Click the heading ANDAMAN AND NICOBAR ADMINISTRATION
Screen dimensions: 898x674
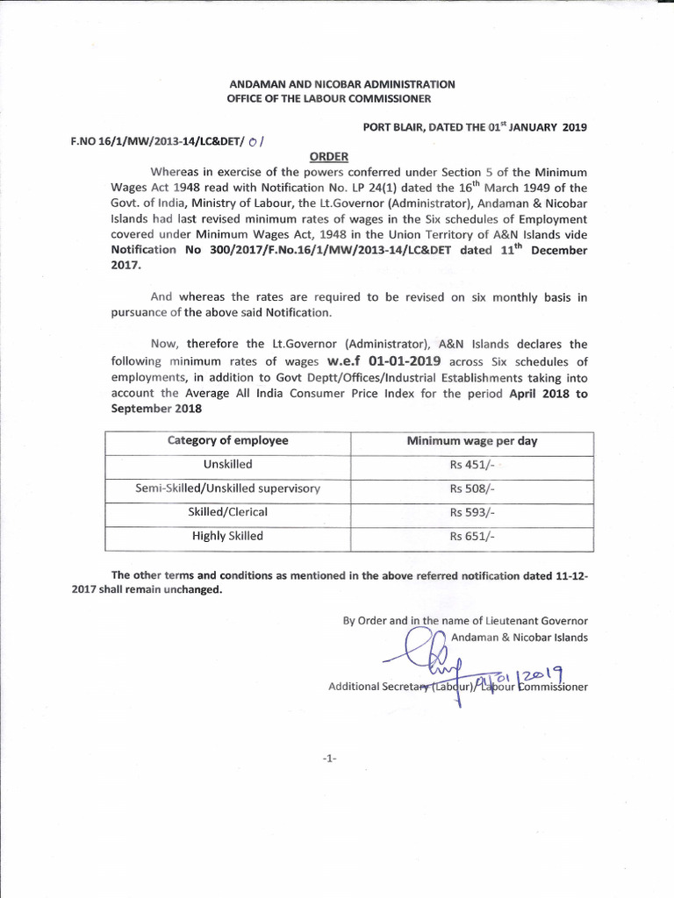click(342, 84)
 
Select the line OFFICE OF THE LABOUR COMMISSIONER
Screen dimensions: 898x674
click(341, 99)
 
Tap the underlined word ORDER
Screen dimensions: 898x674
click(330, 156)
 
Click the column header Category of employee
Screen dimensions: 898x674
click(227, 441)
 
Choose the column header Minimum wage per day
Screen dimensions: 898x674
click(472, 441)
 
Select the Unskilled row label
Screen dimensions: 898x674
click(227, 464)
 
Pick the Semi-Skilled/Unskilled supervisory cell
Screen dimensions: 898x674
click(227, 488)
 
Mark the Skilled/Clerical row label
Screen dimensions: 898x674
click(227, 511)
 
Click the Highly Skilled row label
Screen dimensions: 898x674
click(227, 535)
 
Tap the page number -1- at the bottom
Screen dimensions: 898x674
click(330, 757)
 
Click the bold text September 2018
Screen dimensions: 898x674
click(156, 408)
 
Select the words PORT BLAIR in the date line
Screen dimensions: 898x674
click(394, 126)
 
